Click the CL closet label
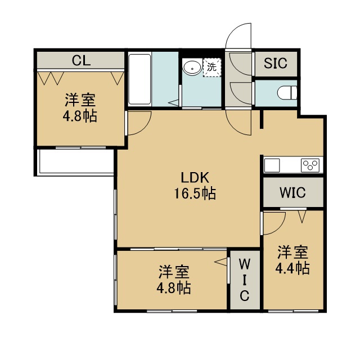point(81,61)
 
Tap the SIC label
point(276,63)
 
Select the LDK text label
point(195,178)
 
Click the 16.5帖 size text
point(195,193)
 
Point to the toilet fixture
point(287,93)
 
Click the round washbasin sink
point(192,67)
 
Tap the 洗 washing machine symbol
point(212,67)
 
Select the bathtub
point(139,79)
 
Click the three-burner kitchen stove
point(310,165)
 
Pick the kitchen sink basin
point(272,165)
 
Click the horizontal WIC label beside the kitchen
point(292,192)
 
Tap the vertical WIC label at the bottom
point(245,280)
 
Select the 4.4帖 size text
point(292,268)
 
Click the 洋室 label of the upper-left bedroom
point(80,100)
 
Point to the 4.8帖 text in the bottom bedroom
point(174,288)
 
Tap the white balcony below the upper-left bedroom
point(75,161)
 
